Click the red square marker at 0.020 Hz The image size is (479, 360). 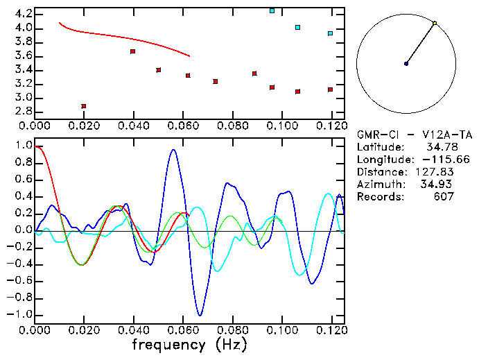[x=84, y=106]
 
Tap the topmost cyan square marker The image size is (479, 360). [x=272, y=11]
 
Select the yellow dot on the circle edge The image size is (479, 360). [x=435, y=24]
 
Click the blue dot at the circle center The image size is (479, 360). [x=406, y=64]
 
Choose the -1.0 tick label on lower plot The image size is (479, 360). [x=20, y=314]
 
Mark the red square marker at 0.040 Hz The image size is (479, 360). [x=133, y=51]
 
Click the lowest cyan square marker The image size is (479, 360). [x=331, y=33]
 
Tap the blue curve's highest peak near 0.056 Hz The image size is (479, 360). [x=173, y=149]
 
